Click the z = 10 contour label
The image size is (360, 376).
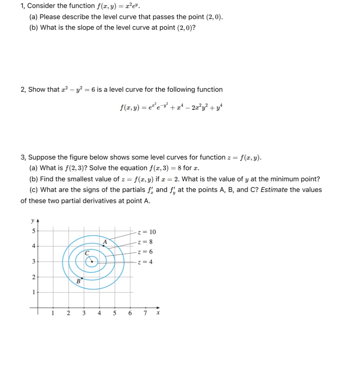click(x=147, y=232)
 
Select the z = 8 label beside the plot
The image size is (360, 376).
click(x=145, y=242)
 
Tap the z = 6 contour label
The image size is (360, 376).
click(x=145, y=252)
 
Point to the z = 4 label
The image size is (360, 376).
click(x=145, y=262)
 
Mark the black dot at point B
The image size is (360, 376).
click(x=82, y=278)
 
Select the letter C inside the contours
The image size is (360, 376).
click(x=86, y=253)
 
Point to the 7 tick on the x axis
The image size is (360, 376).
click(x=145, y=313)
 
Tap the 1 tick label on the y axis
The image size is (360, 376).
click(x=33, y=292)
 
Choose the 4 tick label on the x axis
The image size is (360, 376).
click(x=99, y=313)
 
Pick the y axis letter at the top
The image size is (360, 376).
click(x=32, y=220)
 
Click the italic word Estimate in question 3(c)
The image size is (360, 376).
click(x=275, y=189)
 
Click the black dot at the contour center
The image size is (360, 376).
click(x=92, y=262)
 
